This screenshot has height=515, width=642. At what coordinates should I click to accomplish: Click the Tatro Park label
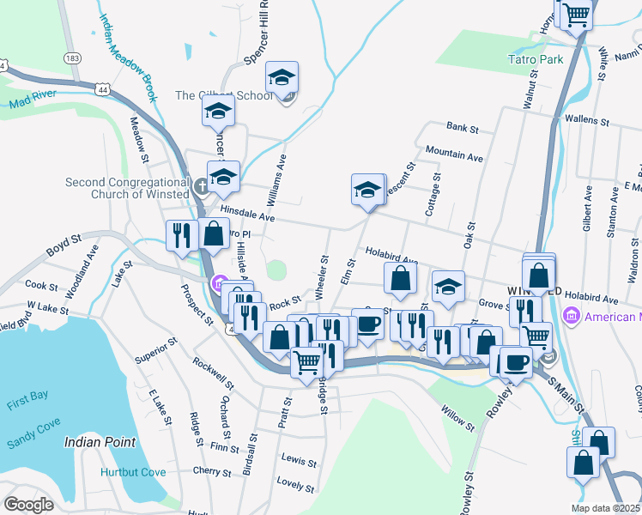535,59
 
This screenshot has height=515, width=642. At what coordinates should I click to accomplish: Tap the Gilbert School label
223,95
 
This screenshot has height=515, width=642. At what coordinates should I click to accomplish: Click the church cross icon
200,185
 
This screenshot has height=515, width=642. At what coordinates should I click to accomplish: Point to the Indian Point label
100,442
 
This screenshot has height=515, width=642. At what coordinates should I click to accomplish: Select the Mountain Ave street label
454,154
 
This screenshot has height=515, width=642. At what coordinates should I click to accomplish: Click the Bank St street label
462,128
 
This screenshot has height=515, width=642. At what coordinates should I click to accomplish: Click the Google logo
28,504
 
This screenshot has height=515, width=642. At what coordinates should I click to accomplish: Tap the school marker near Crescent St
367,189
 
